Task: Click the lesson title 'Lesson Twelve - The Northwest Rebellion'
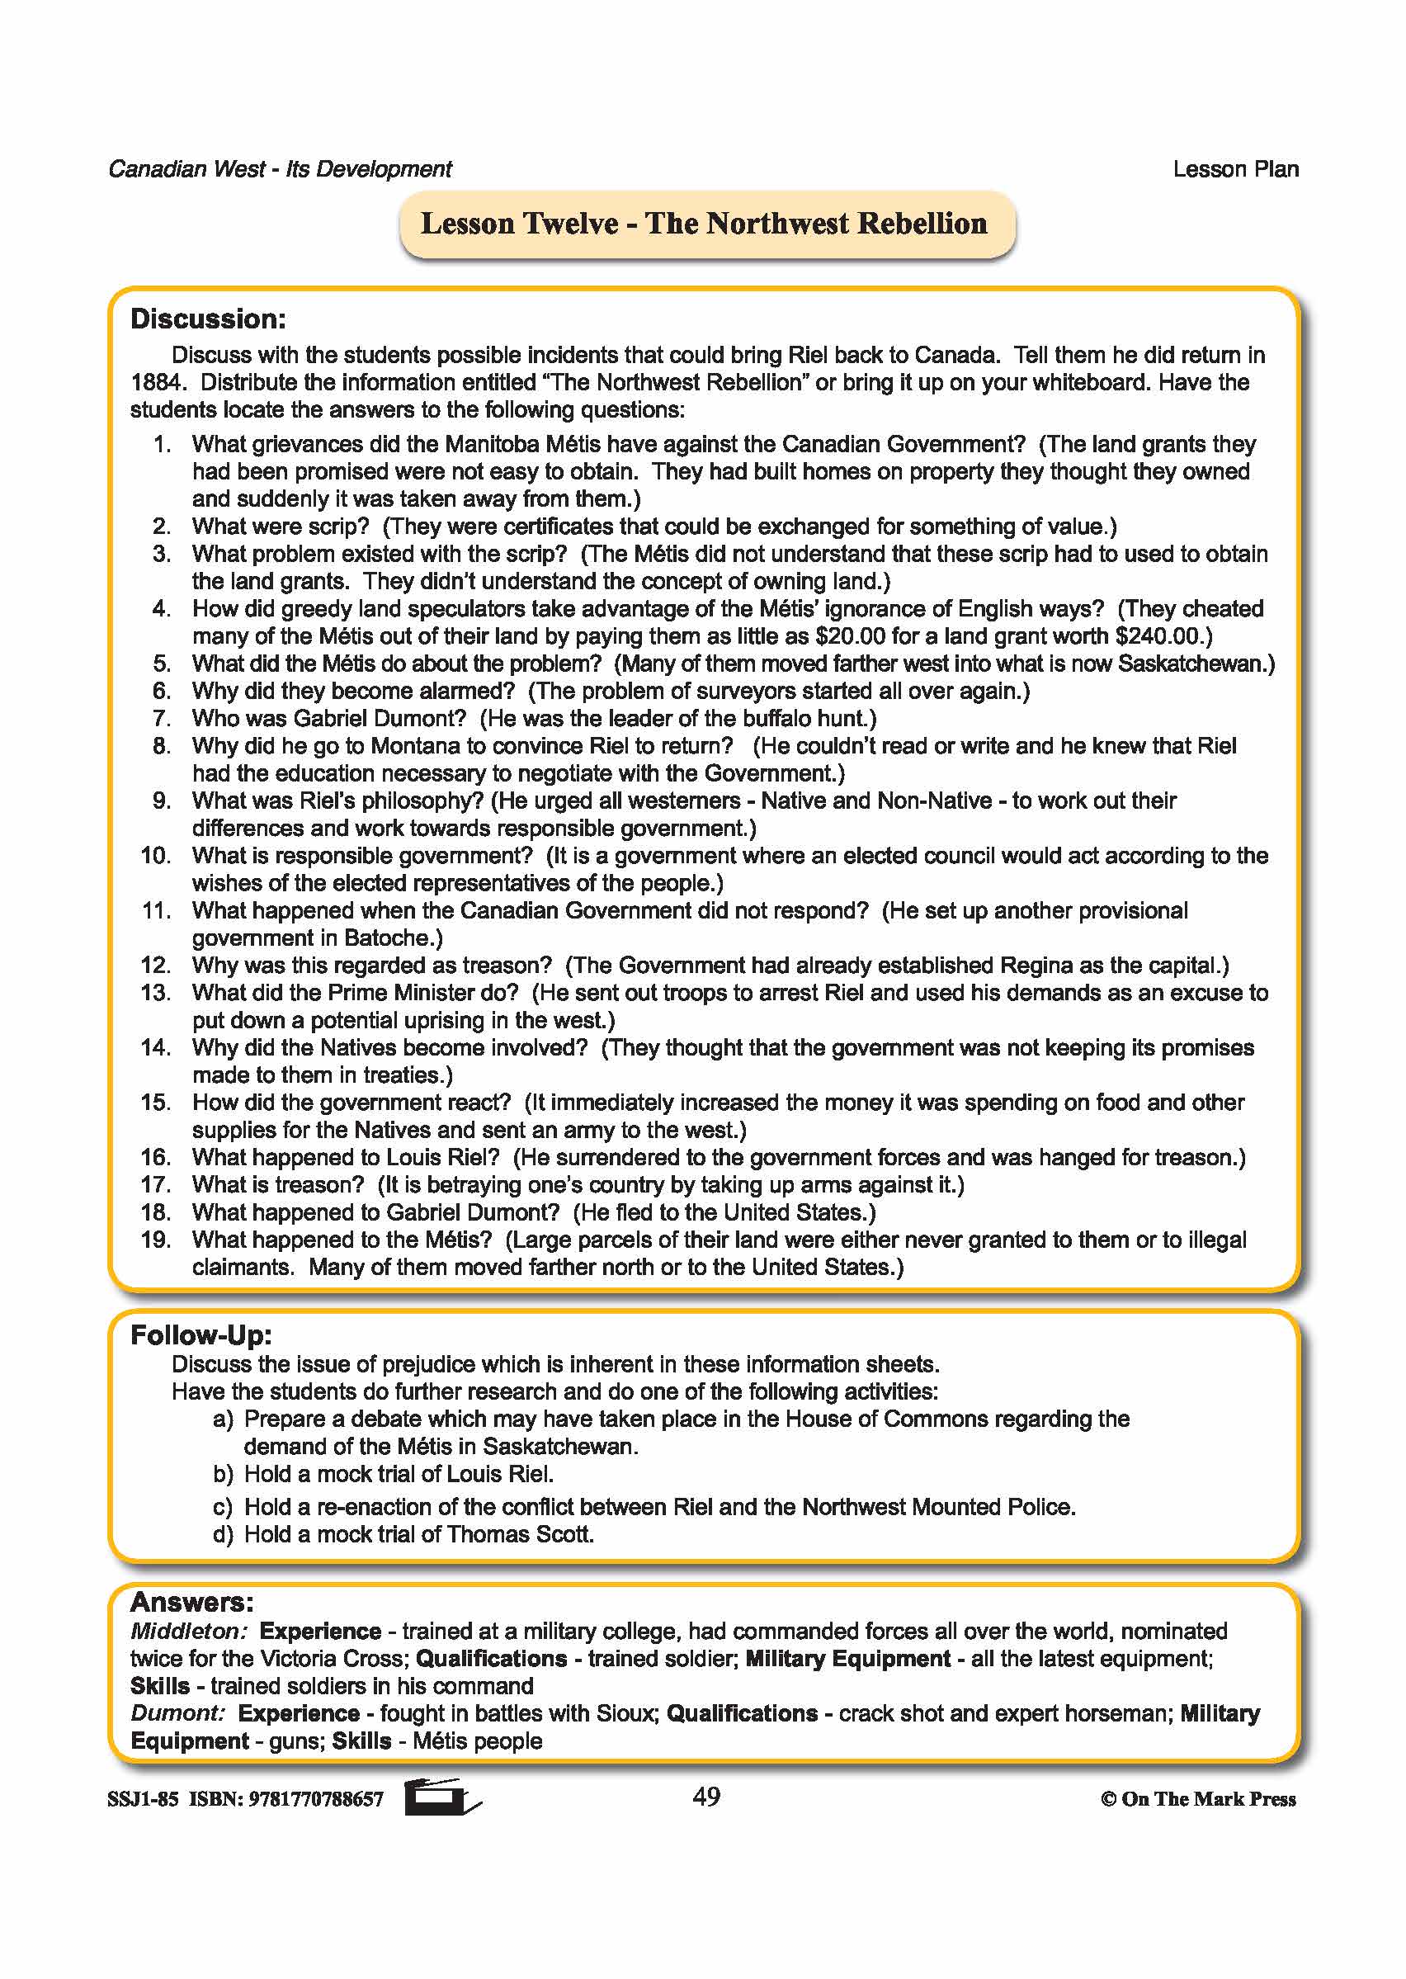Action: click(x=704, y=224)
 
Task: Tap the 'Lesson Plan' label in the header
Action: click(x=1235, y=170)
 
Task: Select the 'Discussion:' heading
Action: click(x=208, y=319)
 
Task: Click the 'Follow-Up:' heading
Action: click(x=201, y=1335)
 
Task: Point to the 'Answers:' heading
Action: click(x=191, y=1603)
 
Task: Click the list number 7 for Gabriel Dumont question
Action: click(x=162, y=719)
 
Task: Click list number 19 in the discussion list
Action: click(x=156, y=1240)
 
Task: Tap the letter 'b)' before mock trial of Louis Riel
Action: click(x=224, y=1474)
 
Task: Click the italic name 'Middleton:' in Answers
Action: click(x=189, y=1632)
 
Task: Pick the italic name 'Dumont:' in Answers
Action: click(x=177, y=1713)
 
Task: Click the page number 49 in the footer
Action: click(x=706, y=1797)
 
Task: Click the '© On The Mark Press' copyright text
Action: click(x=1198, y=1799)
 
